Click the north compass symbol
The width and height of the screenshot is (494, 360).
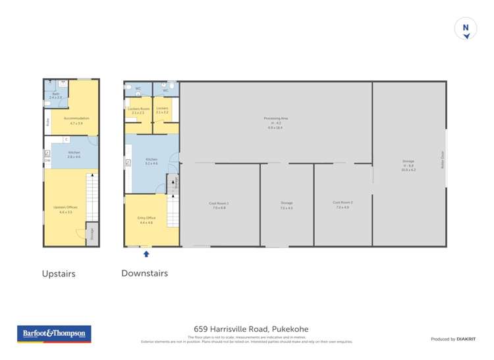(466, 29)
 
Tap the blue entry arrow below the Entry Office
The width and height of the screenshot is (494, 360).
(146, 253)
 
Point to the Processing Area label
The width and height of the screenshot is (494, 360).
(276, 122)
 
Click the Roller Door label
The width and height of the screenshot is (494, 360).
(443, 161)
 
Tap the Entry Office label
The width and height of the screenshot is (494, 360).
(146, 220)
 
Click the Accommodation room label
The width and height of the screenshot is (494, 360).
(76, 120)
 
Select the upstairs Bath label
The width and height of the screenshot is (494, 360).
(55, 96)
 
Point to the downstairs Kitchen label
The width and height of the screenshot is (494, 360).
(151, 161)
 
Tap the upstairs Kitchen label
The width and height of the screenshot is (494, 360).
(74, 154)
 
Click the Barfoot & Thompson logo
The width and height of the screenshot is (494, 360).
(53, 334)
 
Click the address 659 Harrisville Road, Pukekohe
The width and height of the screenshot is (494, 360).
(251, 329)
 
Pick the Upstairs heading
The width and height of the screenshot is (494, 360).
(59, 274)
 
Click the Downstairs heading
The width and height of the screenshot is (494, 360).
(144, 273)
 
